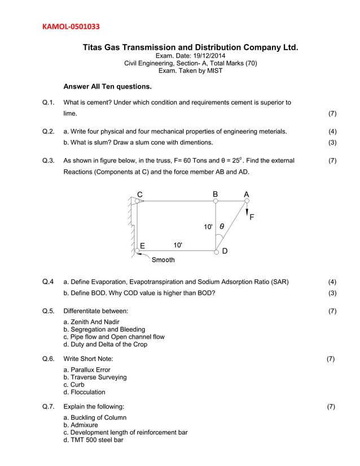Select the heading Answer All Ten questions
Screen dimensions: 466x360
107,87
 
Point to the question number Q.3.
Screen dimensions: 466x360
49,161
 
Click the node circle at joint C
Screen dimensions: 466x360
136,200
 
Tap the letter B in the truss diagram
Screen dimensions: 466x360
215,194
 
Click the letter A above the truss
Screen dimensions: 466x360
246,194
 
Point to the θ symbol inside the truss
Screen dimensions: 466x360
222,226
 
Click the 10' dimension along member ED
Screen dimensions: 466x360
178,245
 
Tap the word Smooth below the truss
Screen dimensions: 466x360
163,260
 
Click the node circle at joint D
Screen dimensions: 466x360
216,252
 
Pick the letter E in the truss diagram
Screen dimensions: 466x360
143,245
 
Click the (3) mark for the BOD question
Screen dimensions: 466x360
332,293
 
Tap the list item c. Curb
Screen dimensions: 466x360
73,384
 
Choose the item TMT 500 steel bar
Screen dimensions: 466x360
97,440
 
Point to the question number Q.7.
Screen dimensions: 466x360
49,406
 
